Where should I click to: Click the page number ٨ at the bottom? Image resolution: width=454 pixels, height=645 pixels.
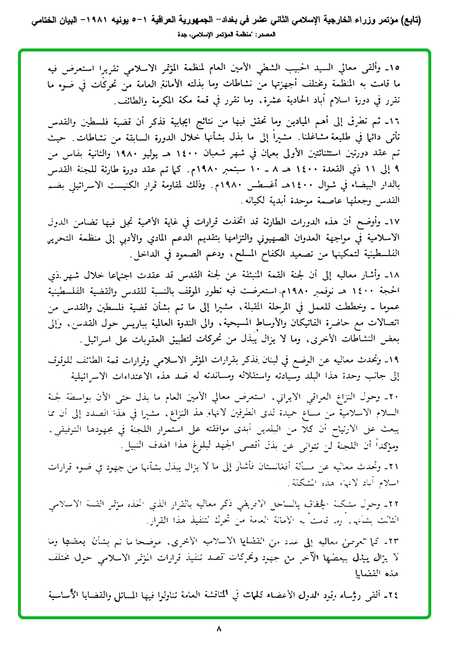tap(218, 629)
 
